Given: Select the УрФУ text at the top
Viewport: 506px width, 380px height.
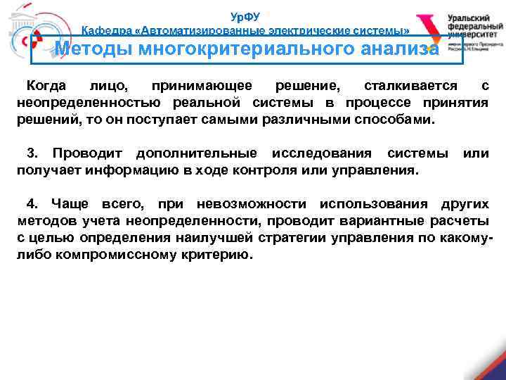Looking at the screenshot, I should (x=245, y=17).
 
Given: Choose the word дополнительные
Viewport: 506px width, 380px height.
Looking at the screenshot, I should (x=196, y=153).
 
